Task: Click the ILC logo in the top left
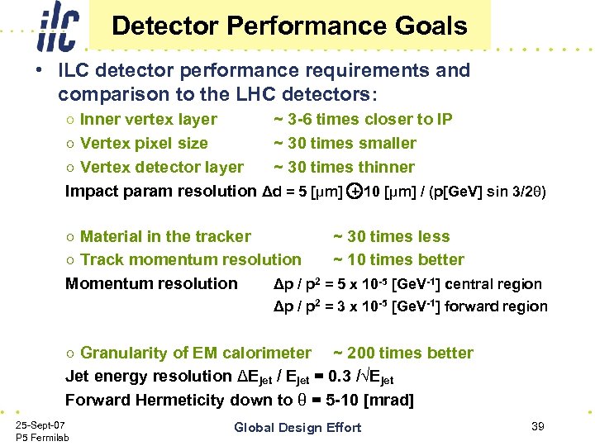(57, 27)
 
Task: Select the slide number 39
(537, 425)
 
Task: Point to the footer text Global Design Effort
(297, 427)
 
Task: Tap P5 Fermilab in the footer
(42, 437)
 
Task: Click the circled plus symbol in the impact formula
(353, 192)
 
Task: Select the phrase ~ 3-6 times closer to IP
(363, 120)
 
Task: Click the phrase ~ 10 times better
(398, 259)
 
